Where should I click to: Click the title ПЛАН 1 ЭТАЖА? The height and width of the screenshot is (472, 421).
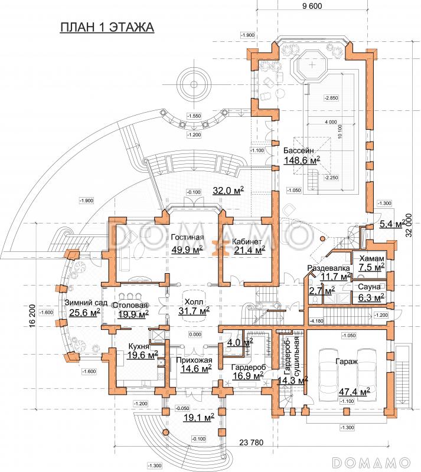tap(107, 28)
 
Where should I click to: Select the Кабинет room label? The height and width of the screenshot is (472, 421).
tap(247, 241)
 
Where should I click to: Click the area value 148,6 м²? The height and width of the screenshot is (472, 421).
tap(301, 160)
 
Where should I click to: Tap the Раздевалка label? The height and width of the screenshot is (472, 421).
tap(329, 268)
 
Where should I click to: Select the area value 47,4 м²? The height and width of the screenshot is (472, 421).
tap(353, 391)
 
